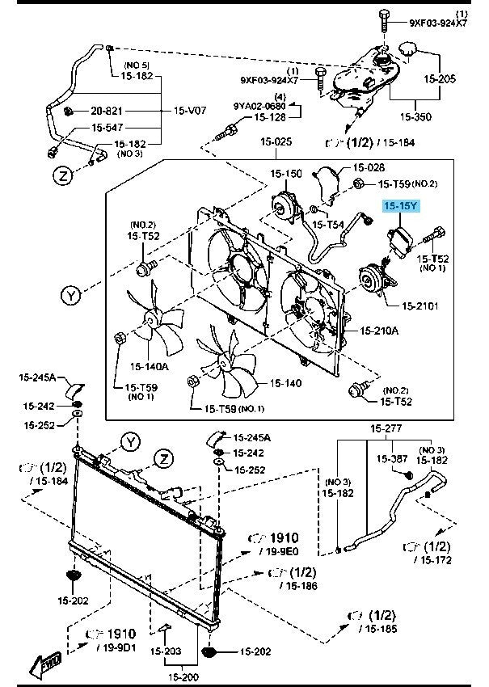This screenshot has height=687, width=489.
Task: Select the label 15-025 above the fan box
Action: point(277,143)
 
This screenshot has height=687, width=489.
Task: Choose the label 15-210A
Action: point(378,331)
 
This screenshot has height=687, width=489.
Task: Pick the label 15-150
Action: point(286,173)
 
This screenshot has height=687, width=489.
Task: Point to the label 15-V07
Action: point(191,111)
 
